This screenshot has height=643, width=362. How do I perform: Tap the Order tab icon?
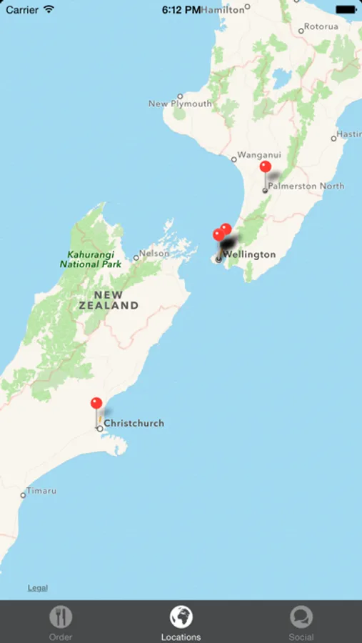point(61,617)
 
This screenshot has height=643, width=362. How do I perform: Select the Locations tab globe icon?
point(181,617)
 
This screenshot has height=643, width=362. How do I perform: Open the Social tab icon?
point(301,617)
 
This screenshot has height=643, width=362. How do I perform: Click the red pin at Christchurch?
point(96,404)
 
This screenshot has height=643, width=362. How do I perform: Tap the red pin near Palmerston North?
point(266,167)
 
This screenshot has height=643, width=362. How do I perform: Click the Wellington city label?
point(249,254)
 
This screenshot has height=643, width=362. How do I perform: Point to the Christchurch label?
point(134,423)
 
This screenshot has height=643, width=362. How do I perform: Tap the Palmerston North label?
point(306,186)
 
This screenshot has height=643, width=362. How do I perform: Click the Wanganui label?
point(259,154)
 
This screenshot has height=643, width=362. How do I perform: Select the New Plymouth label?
point(180,104)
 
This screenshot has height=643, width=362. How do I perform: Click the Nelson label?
point(154,253)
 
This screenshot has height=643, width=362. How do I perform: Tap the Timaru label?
point(41,492)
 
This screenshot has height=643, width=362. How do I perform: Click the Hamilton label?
point(223,10)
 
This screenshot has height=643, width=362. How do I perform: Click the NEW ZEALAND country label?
point(109,300)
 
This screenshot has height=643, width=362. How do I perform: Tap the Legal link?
point(38,588)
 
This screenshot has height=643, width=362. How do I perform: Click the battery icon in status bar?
point(345,10)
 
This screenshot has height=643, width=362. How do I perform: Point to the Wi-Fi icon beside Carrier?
point(49,10)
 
